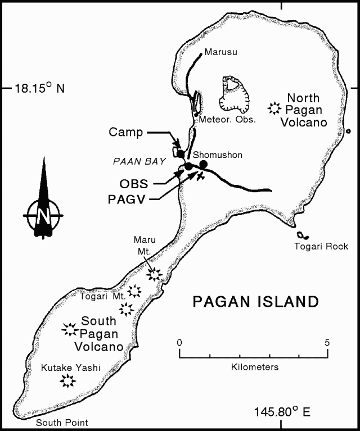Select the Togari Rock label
[x=321, y=246]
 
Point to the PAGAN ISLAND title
[x=255, y=302]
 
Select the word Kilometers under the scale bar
[x=255, y=367]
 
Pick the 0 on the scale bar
[x=179, y=342]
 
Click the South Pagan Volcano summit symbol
[x=70, y=329]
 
